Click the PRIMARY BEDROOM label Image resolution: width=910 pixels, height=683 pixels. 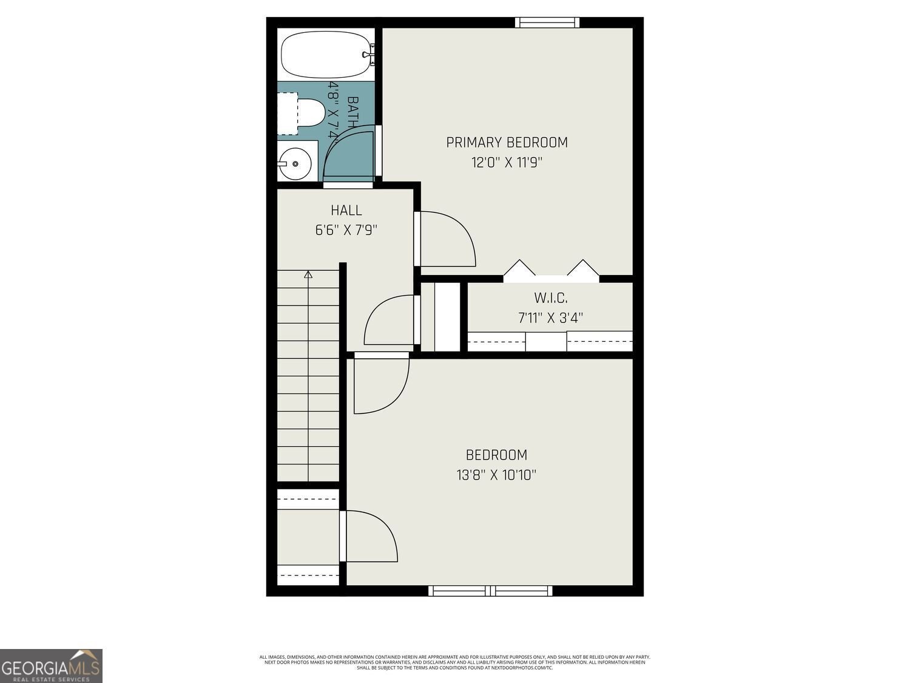pyautogui.click(x=507, y=143)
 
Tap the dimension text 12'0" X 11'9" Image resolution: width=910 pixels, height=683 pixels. pyautogui.click(x=507, y=163)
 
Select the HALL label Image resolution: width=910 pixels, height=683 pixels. pyautogui.click(x=346, y=211)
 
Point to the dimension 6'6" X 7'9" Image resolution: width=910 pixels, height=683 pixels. pyautogui.click(x=346, y=231)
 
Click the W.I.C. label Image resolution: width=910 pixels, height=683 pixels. pyautogui.click(x=550, y=298)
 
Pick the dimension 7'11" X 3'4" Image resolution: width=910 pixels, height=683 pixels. pyautogui.click(x=550, y=318)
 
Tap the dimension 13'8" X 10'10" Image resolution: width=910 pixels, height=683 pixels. pyautogui.click(x=496, y=475)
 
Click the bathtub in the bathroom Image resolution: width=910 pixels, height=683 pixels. pyautogui.click(x=325, y=55)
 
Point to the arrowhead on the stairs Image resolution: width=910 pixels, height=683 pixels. pyautogui.click(x=308, y=274)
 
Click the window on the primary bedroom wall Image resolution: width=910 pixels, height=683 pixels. pyautogui.click(x=547, y=22)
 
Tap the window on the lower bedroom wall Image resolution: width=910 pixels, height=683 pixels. pyautogui.click(x=490, y=591)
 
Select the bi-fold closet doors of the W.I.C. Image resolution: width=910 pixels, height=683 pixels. pyautogui.click(x=551, y=271)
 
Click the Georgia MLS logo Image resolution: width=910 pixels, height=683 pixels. pyautogui.click(x=51, y=665)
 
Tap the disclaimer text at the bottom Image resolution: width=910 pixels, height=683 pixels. pyautogui.click(x=454, y=662)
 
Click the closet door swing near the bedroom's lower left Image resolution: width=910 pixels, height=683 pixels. pyautogui.click(x=370, y=536)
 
